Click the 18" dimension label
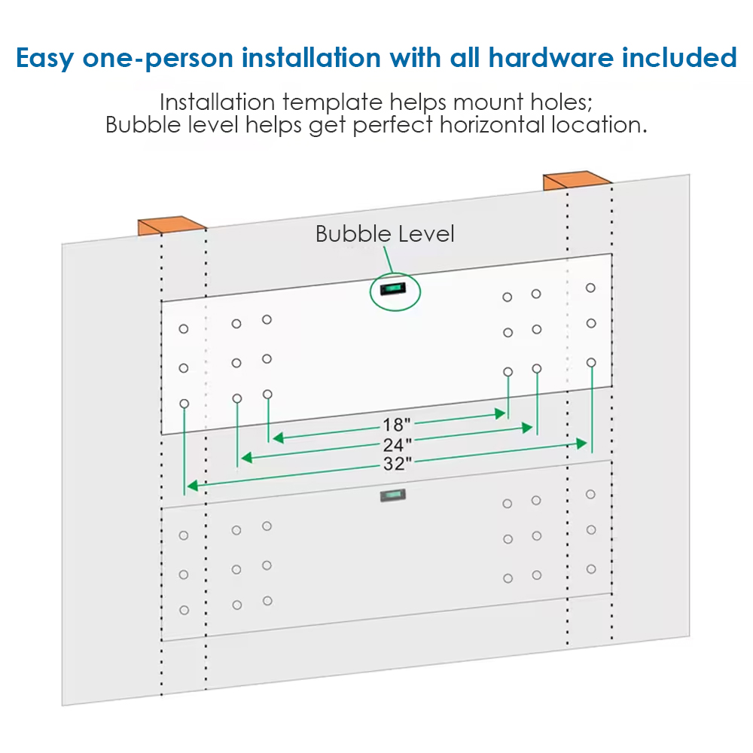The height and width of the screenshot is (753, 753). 396,425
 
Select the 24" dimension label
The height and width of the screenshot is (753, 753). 397,445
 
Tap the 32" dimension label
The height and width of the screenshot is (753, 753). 397,464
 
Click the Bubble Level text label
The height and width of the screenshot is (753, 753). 385,234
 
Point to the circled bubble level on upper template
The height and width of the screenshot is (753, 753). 393,289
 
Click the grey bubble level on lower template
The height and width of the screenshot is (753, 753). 393,495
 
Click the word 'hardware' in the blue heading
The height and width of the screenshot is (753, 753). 550,58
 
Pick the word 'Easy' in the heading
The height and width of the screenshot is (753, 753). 44,59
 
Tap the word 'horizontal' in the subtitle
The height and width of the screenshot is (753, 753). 492,125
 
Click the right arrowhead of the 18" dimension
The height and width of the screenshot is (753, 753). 501,413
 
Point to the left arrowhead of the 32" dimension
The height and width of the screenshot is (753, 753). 193,486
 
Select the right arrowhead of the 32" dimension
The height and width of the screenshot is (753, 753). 581,444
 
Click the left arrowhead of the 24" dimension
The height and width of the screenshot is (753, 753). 247,458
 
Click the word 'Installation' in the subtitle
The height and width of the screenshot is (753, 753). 217,102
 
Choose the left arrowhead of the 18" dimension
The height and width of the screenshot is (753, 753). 278,437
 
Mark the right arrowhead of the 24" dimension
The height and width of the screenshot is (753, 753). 527,428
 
